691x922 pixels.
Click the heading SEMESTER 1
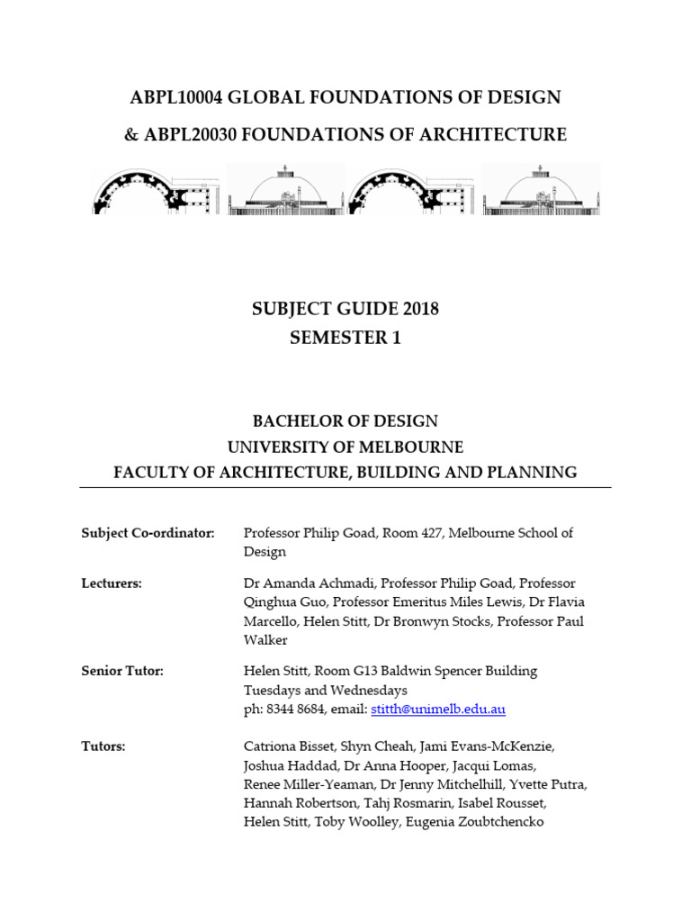pyautogui.click(x=345, y=339)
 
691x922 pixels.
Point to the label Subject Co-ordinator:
pyautogui.click(x=148, y=533)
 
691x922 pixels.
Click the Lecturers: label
pyautogui.click(x=112, y=583)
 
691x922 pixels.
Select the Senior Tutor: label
pyautogui.click(x=122, y=671)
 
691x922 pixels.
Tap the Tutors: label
pyautogui.click(x=103, y=746)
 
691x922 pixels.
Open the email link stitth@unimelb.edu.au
pyautogui.click(x=436, y=710)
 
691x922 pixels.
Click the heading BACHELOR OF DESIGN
pyautogui.click(x=345, y=421)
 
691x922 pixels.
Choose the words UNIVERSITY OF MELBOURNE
pyautogui.click(x=345, y=447)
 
